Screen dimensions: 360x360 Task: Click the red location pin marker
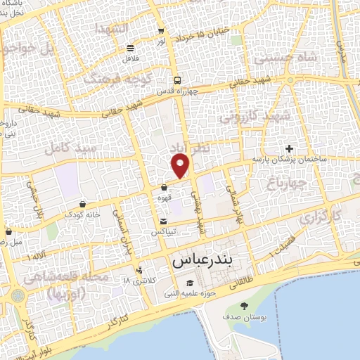[181, 167]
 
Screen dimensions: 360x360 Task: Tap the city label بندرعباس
[201, 260]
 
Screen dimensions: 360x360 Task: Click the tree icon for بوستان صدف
[244, 305]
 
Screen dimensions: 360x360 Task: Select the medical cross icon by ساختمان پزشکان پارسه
[289, 148]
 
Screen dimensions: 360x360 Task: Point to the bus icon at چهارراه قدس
[178, 79]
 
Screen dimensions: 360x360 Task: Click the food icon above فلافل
[130, 48]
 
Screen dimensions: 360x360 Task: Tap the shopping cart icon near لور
[162, 31]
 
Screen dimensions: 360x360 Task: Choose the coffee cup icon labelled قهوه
[164, 188]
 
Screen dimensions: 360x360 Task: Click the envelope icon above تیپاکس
[163, 221]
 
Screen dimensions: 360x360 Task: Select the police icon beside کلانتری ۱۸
[140, 269]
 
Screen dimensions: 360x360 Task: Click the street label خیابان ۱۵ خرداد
[203, 32]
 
